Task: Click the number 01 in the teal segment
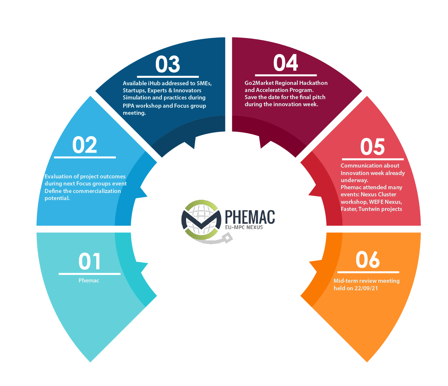90,261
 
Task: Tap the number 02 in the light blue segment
85,145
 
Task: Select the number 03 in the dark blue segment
168,64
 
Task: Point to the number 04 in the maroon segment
286,63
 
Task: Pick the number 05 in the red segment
373,147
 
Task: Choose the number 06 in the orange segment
368,260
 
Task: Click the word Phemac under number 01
89,281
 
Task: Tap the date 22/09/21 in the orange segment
366,288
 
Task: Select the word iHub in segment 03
154,83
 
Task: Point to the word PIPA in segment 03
128,105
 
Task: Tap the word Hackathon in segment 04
314,83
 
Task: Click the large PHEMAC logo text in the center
250,217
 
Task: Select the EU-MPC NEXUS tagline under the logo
244,227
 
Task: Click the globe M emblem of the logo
202,220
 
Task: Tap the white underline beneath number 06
368,272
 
